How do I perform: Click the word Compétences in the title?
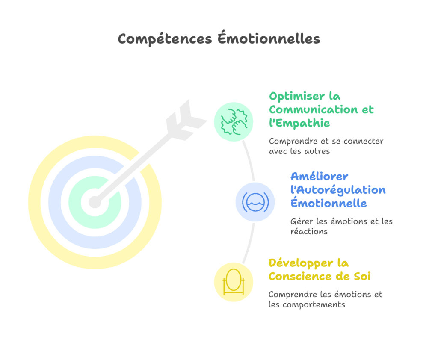point(165,39)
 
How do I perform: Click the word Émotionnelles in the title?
point(269,38)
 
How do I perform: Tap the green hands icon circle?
point(234,122)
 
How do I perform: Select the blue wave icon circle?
point(255,202)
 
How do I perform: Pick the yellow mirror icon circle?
point(234,282)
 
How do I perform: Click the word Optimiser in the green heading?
point(297,97)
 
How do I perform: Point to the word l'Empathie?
point(299,123)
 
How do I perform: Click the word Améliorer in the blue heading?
point(319,177)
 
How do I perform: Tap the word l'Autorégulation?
point(338,190)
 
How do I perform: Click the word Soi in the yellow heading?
point(362,277)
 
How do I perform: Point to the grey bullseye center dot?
point(95,202)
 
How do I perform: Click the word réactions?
point(309,232)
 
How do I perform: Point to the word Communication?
point(314,110)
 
